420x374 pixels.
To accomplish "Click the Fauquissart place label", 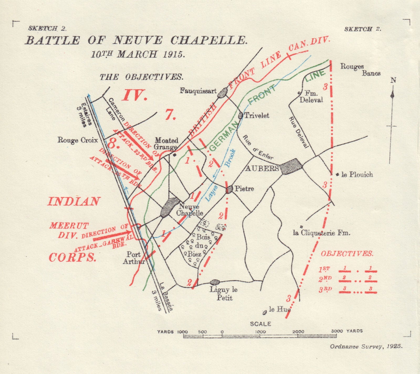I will (x=198, y=91).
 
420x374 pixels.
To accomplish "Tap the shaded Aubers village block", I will (x=290, y=166).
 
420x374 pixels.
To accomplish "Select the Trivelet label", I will (x=257, y=115).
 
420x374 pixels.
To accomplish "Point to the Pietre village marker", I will (x=229, y=189).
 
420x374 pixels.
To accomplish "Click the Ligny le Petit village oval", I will (x=215, y=282).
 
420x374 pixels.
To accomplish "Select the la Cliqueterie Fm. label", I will (x=322, y=233).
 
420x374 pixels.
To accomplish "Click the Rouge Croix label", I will (x=77, y=140).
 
